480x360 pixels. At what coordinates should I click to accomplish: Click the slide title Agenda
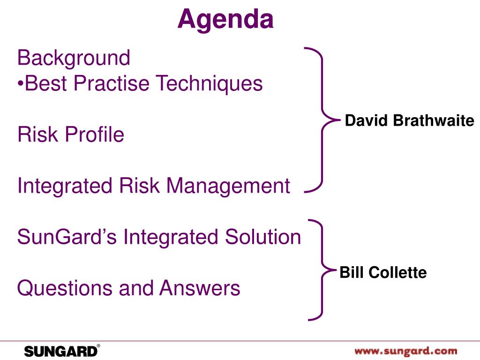coord(225,20)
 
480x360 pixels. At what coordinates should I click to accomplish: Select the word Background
coord(74,58)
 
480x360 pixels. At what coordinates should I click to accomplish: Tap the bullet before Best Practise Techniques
coord(21,82)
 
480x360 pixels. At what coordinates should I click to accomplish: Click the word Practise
coord(112,83)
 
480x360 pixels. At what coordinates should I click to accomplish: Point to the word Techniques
coord(209,83)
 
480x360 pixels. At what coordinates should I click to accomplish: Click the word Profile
coord(95,134)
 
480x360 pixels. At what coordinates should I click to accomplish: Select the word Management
coord(228,186)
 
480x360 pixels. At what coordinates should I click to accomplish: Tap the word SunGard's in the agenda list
coord(67,237)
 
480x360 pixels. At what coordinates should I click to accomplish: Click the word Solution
coord(263,237)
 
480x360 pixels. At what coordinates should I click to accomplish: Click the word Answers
coord(200,288)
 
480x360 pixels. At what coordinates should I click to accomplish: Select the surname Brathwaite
coord(434,120)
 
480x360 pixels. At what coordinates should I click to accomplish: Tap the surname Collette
coord(397,272)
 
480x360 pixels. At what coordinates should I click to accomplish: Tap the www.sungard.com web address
coord(406,351)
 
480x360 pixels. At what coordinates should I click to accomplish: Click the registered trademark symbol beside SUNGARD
coord(98,346)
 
